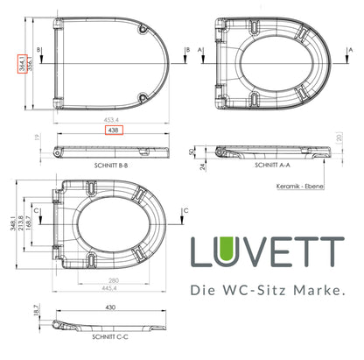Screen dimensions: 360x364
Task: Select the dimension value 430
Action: (x=109, y=307)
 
